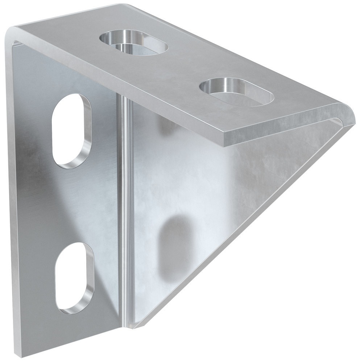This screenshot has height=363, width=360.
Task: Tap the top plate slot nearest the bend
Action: pos(134,43)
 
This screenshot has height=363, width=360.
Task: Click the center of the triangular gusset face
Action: pos(203,203)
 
